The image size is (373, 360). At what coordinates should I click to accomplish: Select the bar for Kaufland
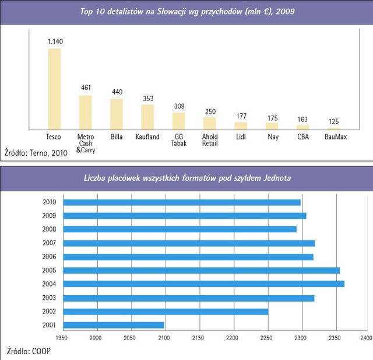pos(147,117)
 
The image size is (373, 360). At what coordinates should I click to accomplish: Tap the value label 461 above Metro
pos(86,88)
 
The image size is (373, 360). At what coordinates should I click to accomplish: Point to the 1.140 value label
pos(54,41)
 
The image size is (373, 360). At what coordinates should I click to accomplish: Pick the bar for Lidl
pos(241,125)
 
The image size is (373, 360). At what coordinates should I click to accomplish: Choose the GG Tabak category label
pos(178,140)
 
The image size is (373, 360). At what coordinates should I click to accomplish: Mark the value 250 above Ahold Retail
pos(209,111)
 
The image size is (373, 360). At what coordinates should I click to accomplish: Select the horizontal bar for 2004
pos(203,284)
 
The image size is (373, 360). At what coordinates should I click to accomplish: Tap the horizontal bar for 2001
pos(113,325)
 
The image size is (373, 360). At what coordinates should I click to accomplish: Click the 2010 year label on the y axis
pos(50,202)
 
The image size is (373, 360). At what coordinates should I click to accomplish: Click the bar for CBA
pos(302,127)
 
